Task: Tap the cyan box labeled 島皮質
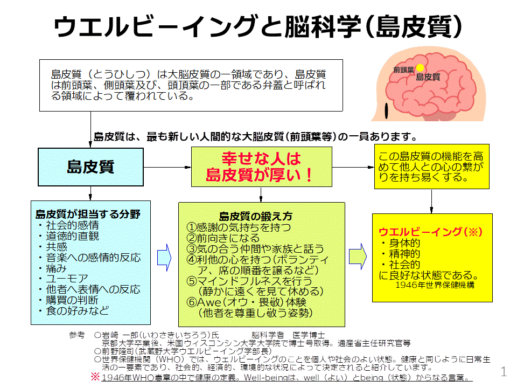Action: (90, 167)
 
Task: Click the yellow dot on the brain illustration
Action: (419, 68)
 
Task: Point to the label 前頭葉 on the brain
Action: (403, 70)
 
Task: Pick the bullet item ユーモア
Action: (62, 279)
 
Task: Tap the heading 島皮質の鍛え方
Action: (256, 216)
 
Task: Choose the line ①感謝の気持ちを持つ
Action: (239, 227)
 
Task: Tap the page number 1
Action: (504, 371)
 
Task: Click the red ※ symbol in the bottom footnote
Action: (95, 377)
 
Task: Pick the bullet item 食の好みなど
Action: (73, 311)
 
